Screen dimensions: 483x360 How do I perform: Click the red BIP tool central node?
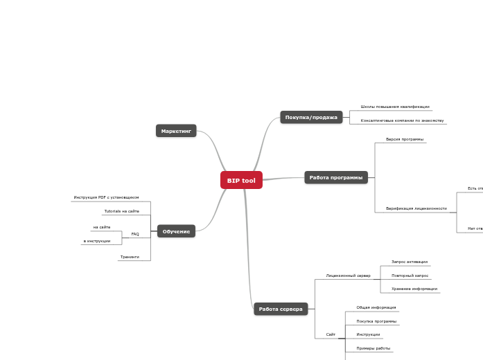coord(241,181)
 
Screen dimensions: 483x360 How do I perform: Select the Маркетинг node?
coord(176,131)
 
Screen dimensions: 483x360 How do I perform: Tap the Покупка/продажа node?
coord(311,118)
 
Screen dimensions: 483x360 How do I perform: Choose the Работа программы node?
coord(336,178)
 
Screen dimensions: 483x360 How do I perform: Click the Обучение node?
coord(176,231)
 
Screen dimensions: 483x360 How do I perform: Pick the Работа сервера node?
coord(281,309)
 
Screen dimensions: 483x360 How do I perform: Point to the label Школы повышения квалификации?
coord(395,107)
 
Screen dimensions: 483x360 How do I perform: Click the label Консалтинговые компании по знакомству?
coord(402,120)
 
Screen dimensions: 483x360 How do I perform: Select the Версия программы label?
coord(405,139)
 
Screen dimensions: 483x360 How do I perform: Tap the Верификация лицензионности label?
coord(416,208)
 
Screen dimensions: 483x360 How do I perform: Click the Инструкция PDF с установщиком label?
coord(106,197)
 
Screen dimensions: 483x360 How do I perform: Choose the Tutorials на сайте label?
coord(121,211)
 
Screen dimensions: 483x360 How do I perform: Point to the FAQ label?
coord(135,234)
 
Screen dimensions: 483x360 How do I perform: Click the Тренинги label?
coord(130,257)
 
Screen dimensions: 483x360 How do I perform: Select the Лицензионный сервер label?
coord(348,276)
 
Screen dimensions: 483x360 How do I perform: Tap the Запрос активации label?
coord(410,262)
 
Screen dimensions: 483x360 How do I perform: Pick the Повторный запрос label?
coord(410,276)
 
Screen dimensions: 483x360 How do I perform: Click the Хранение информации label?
coord(414,289)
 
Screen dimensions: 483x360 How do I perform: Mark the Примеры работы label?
coord(374,348)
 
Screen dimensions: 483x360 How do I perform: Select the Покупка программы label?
coord(376,321)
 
